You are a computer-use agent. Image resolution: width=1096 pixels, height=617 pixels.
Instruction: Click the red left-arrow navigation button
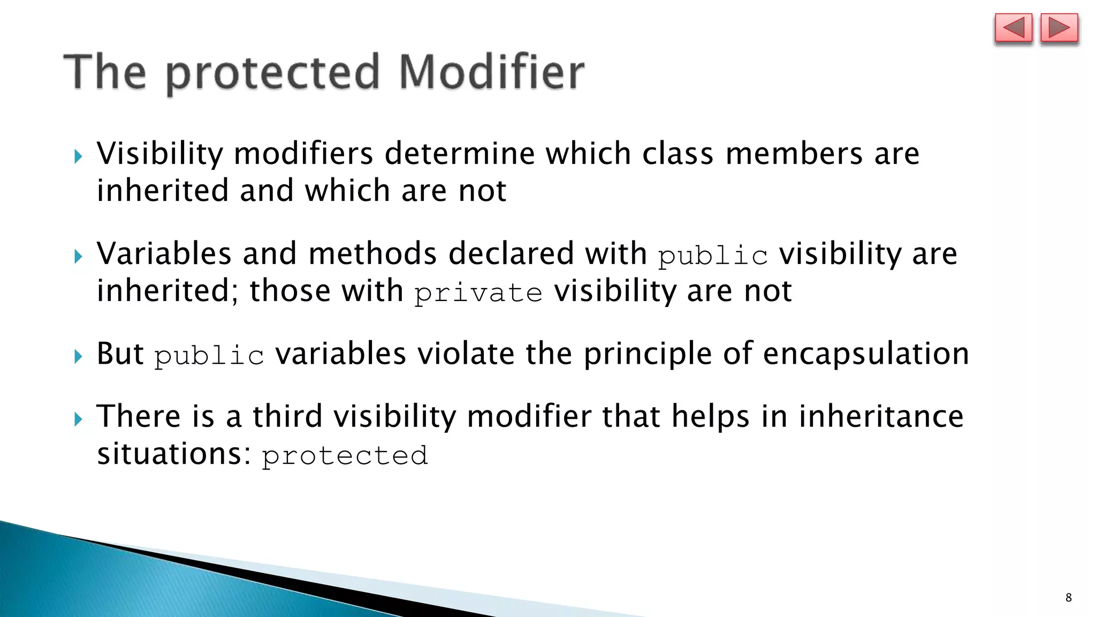(1013, 28)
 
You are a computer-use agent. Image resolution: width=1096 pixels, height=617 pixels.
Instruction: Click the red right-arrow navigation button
(1059, 28)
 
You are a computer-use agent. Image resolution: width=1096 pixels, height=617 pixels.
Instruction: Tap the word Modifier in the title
(491, 72)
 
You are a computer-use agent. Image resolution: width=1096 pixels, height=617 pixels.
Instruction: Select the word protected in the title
(273, 74)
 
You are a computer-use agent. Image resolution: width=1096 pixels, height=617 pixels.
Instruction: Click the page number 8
(1068, 598)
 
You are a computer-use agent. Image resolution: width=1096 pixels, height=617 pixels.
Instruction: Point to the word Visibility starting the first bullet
(159, 154)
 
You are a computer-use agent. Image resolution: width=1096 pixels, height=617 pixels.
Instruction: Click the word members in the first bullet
(794, 154)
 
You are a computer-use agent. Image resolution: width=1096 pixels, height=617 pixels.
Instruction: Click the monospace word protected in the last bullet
(345, 456)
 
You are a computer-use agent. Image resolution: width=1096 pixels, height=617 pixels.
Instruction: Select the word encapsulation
(865, 355)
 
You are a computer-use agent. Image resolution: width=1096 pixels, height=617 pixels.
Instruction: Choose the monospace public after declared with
(713, 255)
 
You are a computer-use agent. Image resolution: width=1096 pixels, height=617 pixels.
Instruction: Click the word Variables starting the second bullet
(164, 253)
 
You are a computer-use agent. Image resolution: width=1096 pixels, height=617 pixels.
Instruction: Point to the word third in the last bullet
(287, 417)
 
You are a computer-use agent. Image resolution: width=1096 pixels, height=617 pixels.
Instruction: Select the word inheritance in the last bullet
(881, 417)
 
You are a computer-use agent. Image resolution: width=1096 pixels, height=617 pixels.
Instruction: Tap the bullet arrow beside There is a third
(79, 419)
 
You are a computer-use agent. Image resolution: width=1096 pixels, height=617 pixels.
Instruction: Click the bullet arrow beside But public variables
(79, 356)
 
